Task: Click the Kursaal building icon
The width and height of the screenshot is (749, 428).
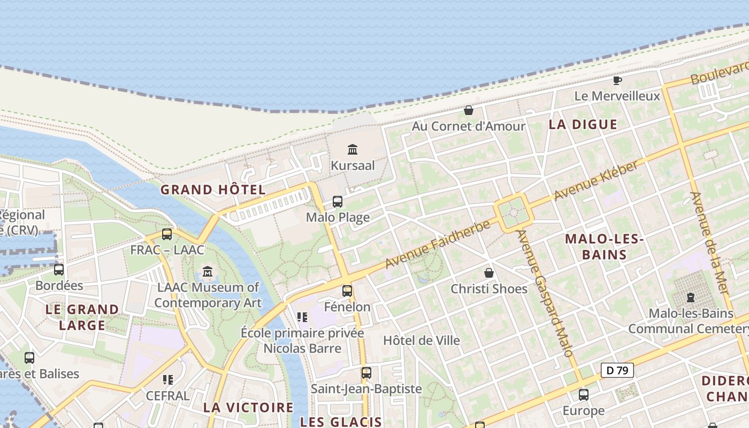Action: [x=352, y=149]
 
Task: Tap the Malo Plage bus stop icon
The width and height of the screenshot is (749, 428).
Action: [x=338, y=202]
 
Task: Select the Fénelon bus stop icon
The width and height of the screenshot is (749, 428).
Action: [x=347, y=291]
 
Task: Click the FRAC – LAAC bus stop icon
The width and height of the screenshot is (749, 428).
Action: [x=167, y=234]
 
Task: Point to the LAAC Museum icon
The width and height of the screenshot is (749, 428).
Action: [x=208, y=271]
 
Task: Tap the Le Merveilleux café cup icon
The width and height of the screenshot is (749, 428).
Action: [x=617, y=81]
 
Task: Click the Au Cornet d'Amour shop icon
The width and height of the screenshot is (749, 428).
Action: [x=469, y=110]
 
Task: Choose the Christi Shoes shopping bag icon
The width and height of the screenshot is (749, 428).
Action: [x=489, y=273]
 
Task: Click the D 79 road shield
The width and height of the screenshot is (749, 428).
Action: [x=617, y=370]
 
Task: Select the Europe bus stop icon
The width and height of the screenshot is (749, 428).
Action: [x=584, y=395]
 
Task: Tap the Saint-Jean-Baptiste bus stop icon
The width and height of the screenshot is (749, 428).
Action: [x=366, y=373]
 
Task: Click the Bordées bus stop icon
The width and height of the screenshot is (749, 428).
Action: [x=59, y=270]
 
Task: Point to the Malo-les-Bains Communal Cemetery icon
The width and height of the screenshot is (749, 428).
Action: [x=691, y=297]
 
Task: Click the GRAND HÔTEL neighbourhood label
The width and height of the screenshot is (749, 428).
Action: [x=213, y=190]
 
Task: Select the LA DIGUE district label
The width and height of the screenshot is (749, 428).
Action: [x=583, y=125]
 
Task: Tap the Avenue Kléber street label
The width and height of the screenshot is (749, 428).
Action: [x=596, y=181]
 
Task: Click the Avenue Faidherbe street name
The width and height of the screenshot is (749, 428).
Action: [x=438, y=244]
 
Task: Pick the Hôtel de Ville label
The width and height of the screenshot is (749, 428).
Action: [x=422, y=340]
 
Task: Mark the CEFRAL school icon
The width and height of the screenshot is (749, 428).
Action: [x=168, y=380]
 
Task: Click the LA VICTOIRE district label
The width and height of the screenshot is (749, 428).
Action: [x=248, y=407]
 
